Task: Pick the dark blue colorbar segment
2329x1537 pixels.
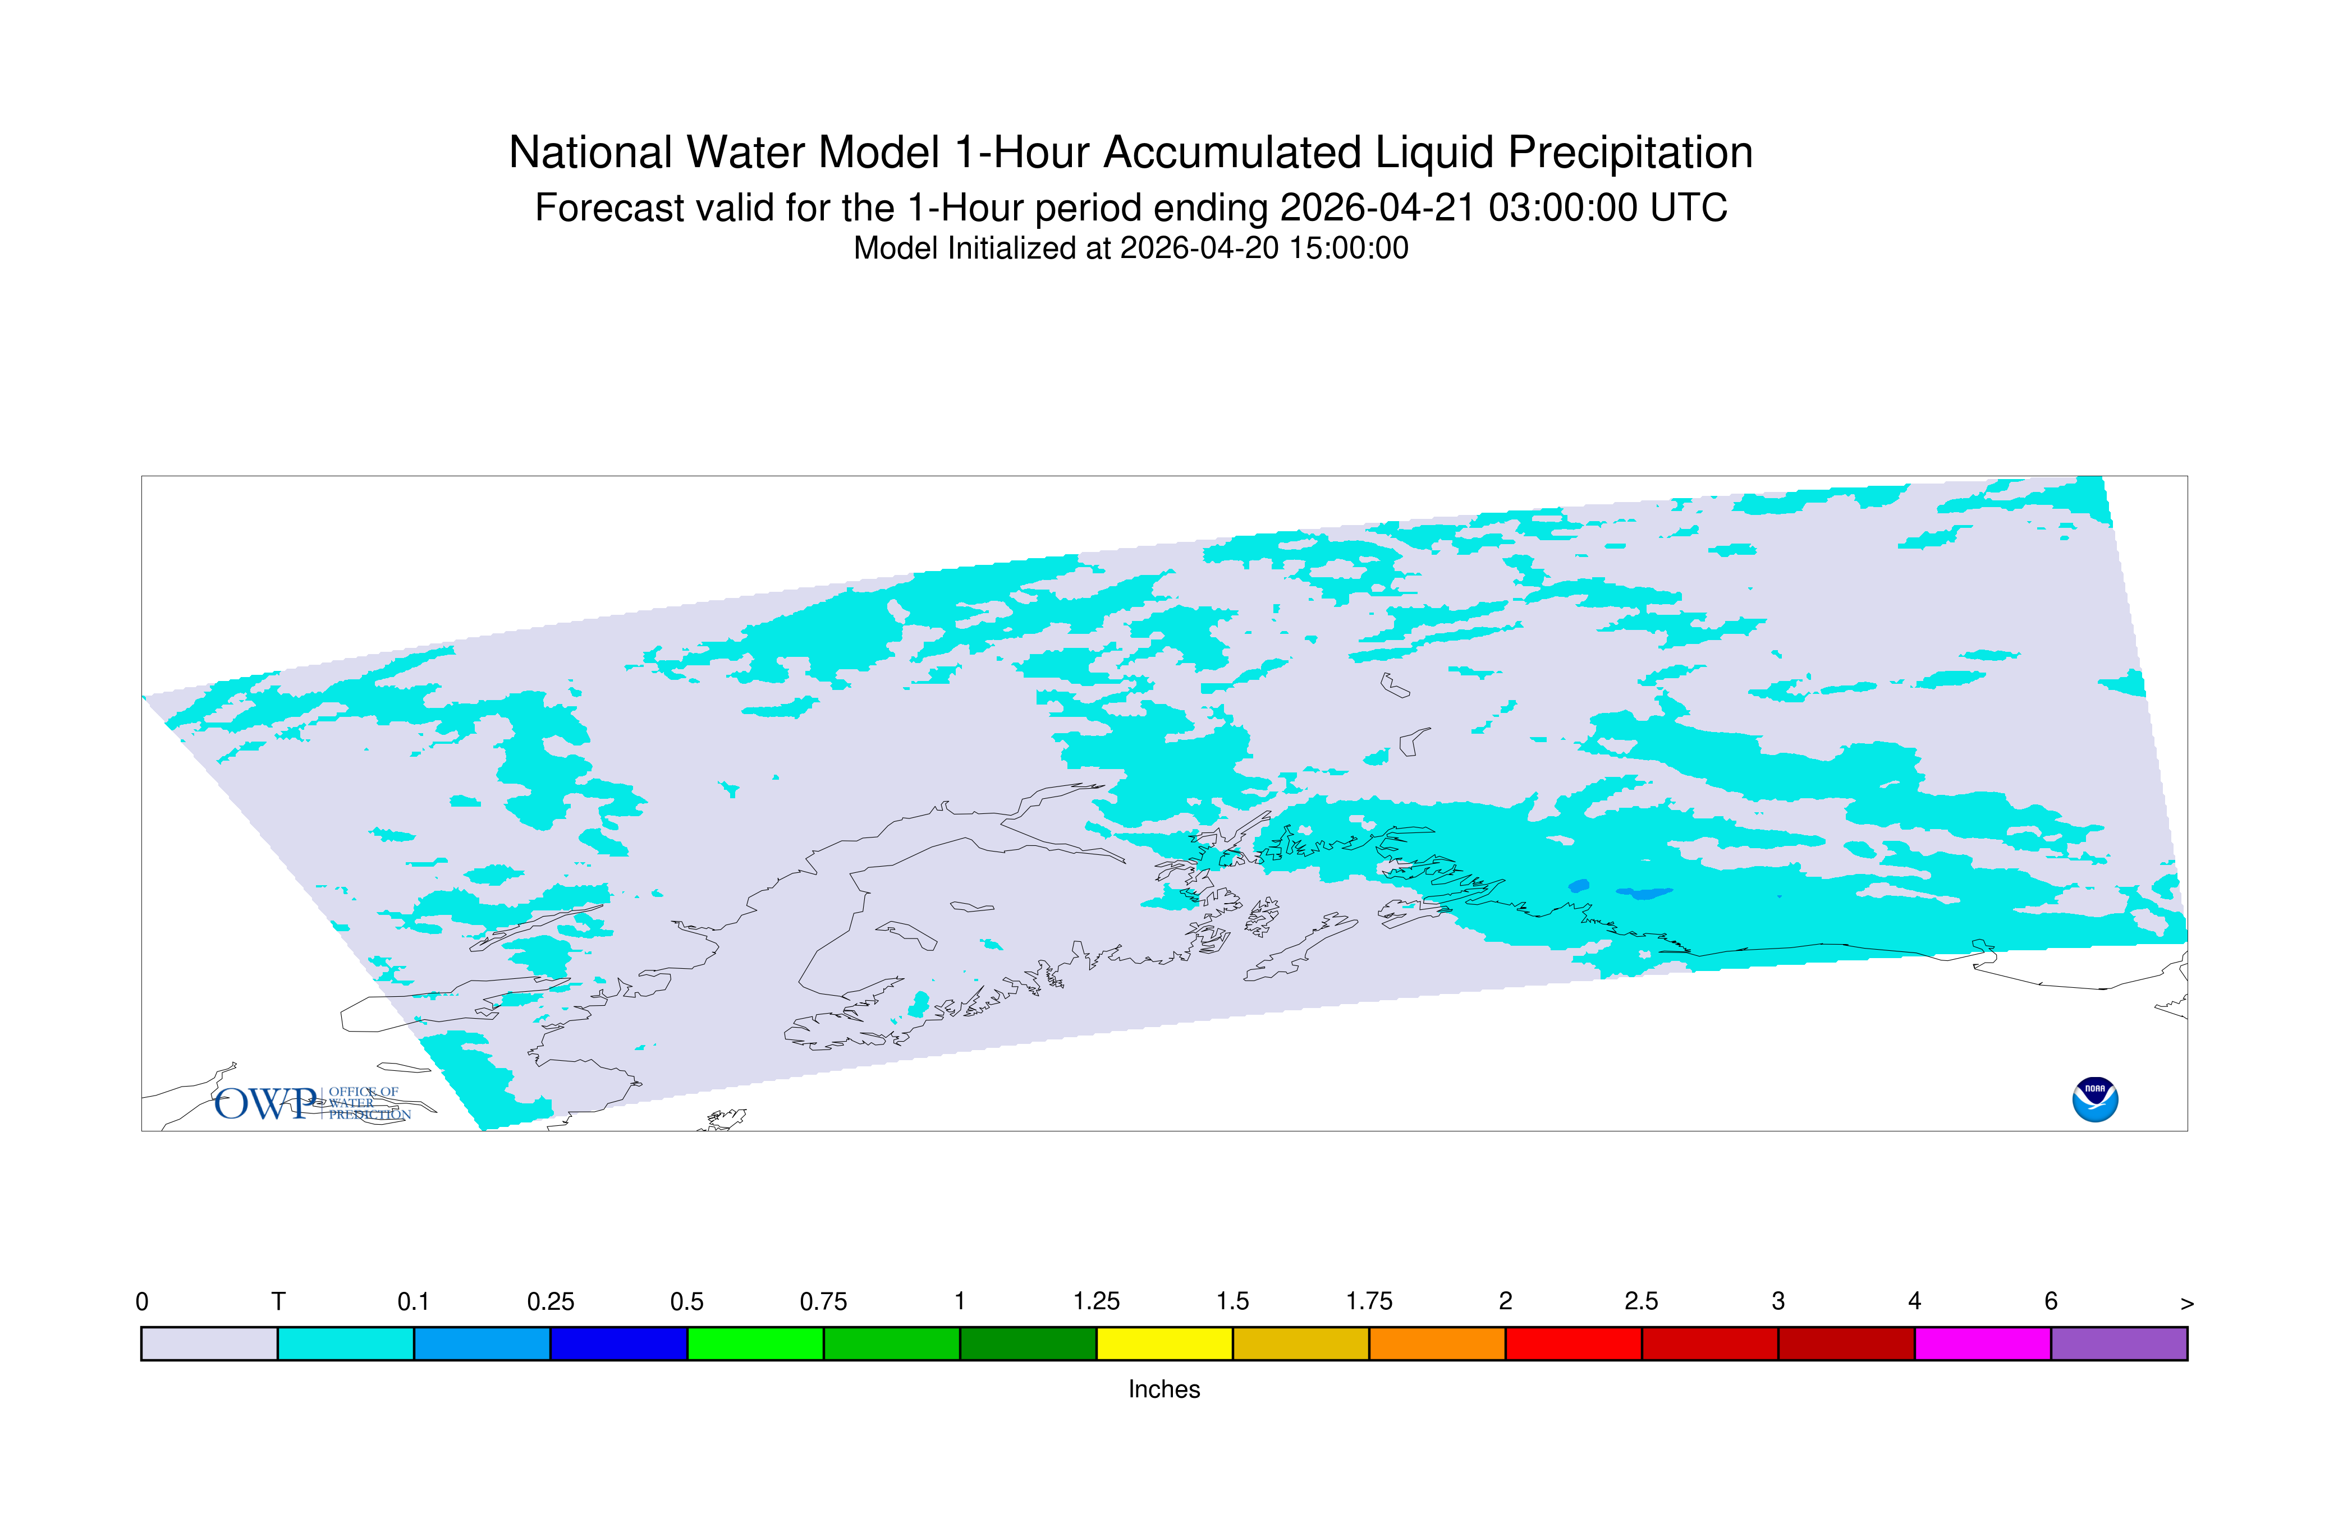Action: pyautogui.click(x=619, y=1344)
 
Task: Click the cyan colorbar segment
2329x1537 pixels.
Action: pyautogui.click(x=346, y=1344)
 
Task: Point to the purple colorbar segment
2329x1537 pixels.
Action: pyautogui.click(x=2119, y=1344)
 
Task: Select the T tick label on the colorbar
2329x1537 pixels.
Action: pyautogui.click(x=278, y=1302)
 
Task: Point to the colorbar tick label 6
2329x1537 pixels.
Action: pyautogui.click(x=2051, y=1302)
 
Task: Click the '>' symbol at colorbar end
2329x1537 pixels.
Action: pyautogui.click(x=2187, y=1304)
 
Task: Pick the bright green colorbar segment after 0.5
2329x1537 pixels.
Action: pyautogui.click(x=755, y=1344)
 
